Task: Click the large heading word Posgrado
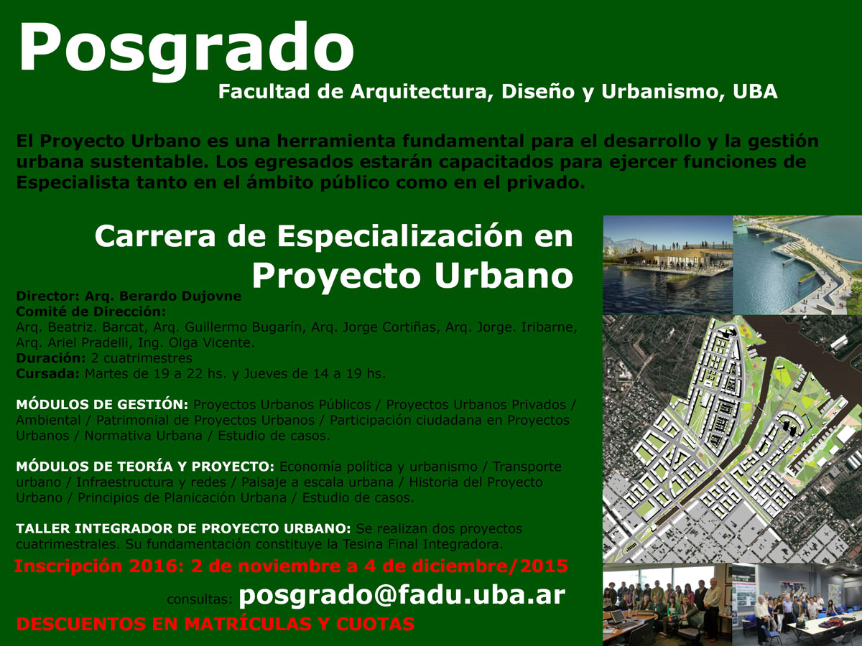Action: (x=187, y=49)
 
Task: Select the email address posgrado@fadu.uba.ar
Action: (x=402, y=596)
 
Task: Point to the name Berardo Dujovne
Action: (x=180, y=296)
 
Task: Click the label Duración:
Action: (x=51, y=357)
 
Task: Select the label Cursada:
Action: (x=48, y=373)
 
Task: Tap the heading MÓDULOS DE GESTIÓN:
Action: (x=102, y=404)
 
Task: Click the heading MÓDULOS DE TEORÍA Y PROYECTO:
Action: (x=145, y=466)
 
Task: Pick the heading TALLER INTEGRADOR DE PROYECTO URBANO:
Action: (x=183, y=528)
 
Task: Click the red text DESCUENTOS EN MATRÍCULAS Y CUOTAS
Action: (x=215, y=624)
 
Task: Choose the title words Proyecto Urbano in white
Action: (x=412, y=276)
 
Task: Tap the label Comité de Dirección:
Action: (x=91, y=312)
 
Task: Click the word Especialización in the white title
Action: (x=400, y=236)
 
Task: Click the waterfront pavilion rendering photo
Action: (x=667, y=265)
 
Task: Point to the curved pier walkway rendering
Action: (x=797, y=265)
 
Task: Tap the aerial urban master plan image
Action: (x=733, y=439)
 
